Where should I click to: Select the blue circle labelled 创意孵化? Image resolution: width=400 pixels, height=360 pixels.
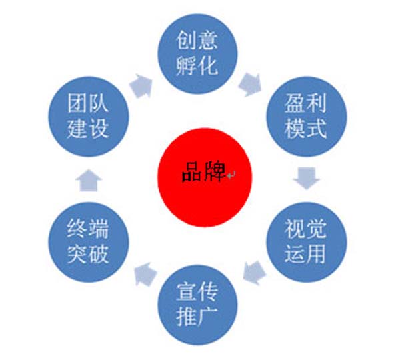tap(197, 54)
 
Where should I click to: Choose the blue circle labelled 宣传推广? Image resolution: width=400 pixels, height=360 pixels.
tap(197, 303)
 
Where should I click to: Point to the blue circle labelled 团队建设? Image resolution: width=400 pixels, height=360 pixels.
tap(89, 116)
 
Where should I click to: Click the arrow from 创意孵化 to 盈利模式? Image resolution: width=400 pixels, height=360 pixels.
tap(251, 84)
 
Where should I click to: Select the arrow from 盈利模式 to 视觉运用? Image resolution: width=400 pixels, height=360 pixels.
tap(307, 179)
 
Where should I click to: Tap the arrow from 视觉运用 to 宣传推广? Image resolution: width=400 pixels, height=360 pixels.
tap(254, 272)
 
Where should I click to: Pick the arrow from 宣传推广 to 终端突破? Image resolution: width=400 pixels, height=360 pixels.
tap(144, 272)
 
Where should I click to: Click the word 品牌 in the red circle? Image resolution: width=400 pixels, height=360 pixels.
tap(202, 174)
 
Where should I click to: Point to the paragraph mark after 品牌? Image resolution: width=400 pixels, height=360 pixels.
tap(230, 175)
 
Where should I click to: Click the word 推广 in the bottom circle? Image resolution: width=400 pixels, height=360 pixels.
tap(197, 316)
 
